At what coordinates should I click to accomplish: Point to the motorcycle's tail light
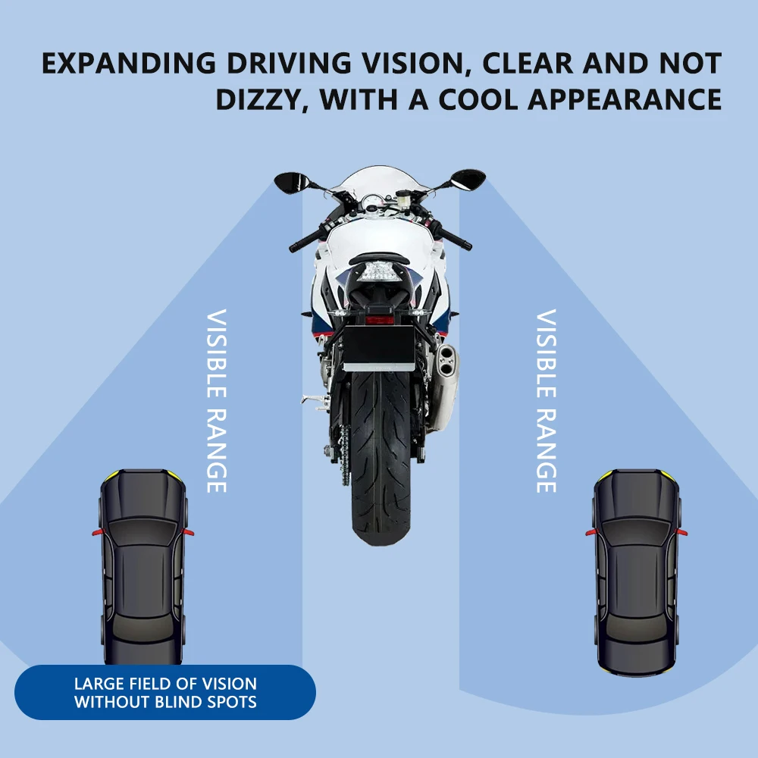[379, 271]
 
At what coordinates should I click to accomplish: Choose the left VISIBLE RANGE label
[217, 400]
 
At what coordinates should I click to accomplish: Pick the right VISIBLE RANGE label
[546, 400]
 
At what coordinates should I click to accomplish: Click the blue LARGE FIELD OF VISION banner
[165, 693]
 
